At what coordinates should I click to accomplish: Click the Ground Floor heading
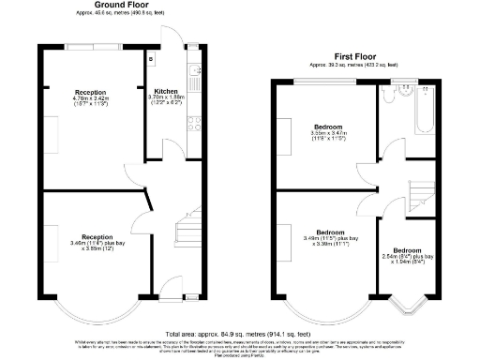pyautogui.click(x=112, y=5)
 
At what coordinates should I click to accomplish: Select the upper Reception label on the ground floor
pyautogui.click(x=92, y=91)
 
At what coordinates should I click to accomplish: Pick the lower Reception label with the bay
pyautogui.click(x=98, y=236)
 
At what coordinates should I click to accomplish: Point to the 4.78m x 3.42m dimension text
pyautogui.click(x=92, y=97)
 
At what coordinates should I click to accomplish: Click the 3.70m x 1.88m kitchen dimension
pyautogui.click(x=166, y=97)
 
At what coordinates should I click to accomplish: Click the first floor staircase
pyautogui.click(x=425, y=193)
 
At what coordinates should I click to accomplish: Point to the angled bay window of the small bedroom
pyautogui.click(x=407, y=302)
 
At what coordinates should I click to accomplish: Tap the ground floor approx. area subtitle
pyautogui.click(x=112, y=12)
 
